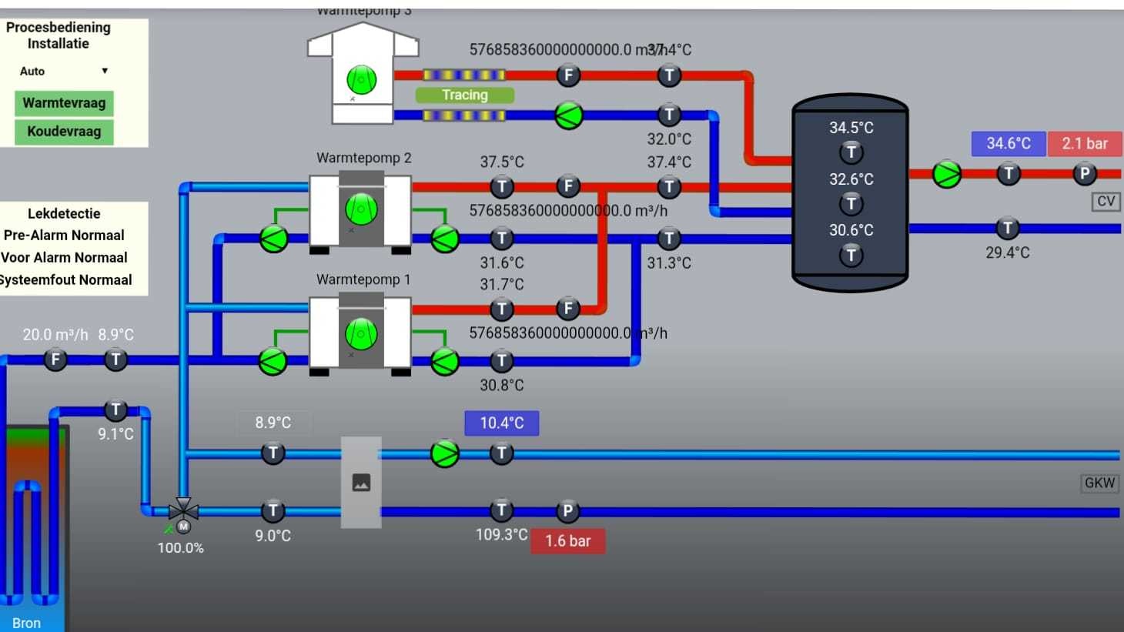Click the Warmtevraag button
(64, 103)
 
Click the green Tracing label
(464, 95)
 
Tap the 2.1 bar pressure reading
(1084, 143)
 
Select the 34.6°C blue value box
(1008, 143)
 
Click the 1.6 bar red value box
(567, 541)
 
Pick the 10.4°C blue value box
(501, 423)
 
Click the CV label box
(1106, 202)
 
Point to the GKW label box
(1099, 483)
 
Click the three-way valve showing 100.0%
(183, 510)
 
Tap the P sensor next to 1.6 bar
(567, 510)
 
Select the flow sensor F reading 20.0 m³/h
(55, 359)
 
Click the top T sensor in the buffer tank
(851, 152)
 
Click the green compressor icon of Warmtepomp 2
(361, 209)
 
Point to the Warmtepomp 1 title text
(363, 279)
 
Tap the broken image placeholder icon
(361, 483)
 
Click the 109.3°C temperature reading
(501, 534)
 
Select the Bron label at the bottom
(26, 623)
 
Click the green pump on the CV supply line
(947, 174)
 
